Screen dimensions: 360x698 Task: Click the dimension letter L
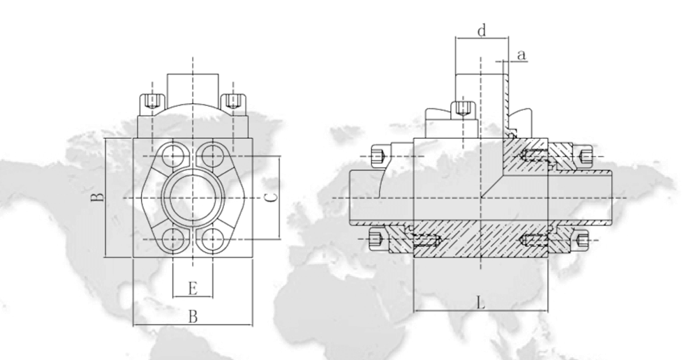(480, 302)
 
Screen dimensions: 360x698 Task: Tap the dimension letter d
(480, 31)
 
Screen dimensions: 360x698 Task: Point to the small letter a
(521, 53)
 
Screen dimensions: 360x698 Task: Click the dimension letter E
(193, 287)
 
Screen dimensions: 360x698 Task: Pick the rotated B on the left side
(100, 197)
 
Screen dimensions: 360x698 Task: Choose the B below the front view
(193, 317)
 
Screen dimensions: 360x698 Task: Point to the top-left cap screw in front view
(149, 102)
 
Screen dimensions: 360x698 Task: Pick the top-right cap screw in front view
(235, 102)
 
